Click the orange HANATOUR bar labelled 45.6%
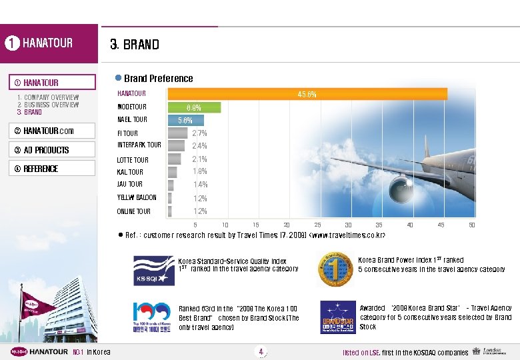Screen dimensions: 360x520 coord(307,94)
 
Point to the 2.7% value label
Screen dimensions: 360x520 coord(199,133)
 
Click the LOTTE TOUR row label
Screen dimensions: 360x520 coord(133,160)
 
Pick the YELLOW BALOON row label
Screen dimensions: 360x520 coord(137,198)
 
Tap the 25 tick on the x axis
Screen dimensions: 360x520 coord(317,225)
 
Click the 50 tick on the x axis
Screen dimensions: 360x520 coord(471,225)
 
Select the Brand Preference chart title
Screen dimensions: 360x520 coord(159,79)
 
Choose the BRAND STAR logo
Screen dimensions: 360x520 coord(337,317)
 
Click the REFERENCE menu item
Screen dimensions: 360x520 coord(41,169)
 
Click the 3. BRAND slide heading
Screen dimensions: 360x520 coord(135,45)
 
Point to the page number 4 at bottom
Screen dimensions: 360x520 coord(261,351)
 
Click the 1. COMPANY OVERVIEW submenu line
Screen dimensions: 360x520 coord(48,97)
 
